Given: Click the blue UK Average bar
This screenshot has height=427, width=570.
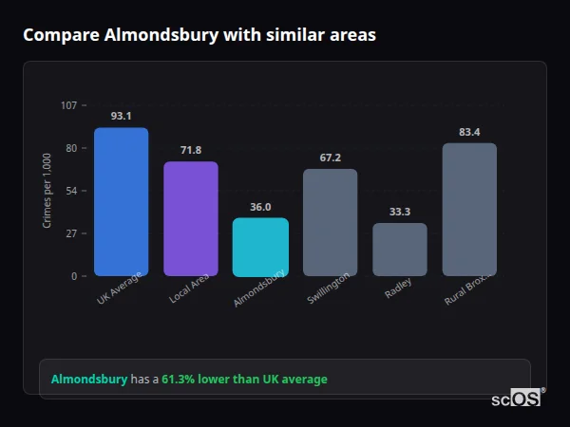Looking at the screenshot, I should click(121, 202).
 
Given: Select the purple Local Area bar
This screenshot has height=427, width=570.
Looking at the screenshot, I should click(190, 219).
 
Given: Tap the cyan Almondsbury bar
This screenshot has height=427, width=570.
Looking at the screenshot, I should click(260, 247).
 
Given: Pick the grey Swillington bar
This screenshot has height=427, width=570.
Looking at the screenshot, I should click(330, 222).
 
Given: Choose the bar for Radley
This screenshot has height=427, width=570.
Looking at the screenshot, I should click(400, 250).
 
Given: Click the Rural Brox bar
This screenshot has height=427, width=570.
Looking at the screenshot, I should click(469, 210).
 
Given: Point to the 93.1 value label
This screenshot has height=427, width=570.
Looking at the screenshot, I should click(121, 116).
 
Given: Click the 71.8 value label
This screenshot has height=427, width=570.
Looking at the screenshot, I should click(191, 150).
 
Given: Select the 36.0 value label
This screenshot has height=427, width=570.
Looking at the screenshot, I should click(260, 207).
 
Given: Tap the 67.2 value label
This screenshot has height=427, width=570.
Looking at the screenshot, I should click(331, 158).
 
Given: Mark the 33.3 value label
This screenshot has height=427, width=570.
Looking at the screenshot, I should click(400, 212).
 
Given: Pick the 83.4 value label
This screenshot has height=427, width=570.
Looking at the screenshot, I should click(469, 132).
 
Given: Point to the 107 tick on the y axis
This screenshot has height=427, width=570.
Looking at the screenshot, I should click(68, 105).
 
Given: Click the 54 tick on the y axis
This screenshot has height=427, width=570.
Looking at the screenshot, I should click(71, 191).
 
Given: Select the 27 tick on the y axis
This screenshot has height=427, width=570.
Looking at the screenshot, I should click(71, 233).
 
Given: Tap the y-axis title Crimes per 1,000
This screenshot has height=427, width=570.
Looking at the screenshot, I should click(47, 191).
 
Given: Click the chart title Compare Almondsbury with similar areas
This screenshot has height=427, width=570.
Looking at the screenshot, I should click(199, 35).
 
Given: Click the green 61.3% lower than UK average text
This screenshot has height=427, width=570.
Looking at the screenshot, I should click(244, 380).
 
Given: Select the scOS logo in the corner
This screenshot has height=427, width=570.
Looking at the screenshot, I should click(516, 399).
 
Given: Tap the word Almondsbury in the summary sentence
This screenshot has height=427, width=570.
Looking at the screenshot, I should click(89, 380).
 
